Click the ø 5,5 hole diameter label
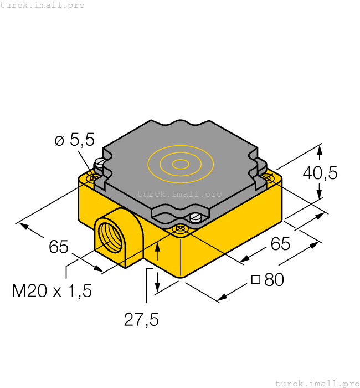pos(74,140)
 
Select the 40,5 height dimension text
pos(320,173)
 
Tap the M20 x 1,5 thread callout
pos(52,290)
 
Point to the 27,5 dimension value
pos(141,320)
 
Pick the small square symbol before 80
pos(255,279)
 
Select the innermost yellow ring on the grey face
pos(181,164)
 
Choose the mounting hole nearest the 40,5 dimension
pos(268,177)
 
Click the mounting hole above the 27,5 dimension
pos(179,228)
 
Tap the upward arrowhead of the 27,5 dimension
pos(158,247)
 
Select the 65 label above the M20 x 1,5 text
pos(58,247)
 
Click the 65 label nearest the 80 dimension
pos(280,243)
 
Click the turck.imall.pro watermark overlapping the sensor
pos(179,194)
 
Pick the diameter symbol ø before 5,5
pos(60,141)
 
